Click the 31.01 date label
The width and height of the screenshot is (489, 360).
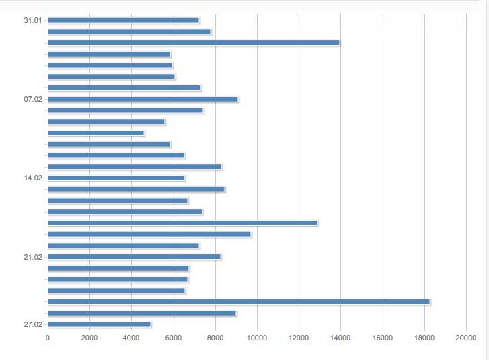point(32,20)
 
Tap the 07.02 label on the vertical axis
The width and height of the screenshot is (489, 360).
point(32,99)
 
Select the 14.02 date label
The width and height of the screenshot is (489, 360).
point(32,178)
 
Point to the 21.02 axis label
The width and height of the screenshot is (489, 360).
point(32,257)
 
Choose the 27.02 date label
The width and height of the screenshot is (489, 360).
point(32,324)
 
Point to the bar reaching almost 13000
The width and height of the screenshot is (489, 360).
point(182,223)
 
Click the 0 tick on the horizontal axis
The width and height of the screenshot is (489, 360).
point(48,338)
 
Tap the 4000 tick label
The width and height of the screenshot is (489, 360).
point(132,338)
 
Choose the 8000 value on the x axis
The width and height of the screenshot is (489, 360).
point(215,338)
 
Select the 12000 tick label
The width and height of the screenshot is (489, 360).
point(299,338)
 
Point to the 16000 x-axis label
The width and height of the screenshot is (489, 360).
point(382,338)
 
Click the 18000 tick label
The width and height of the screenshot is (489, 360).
point(424,338)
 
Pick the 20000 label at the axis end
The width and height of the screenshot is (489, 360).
point(465,338)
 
